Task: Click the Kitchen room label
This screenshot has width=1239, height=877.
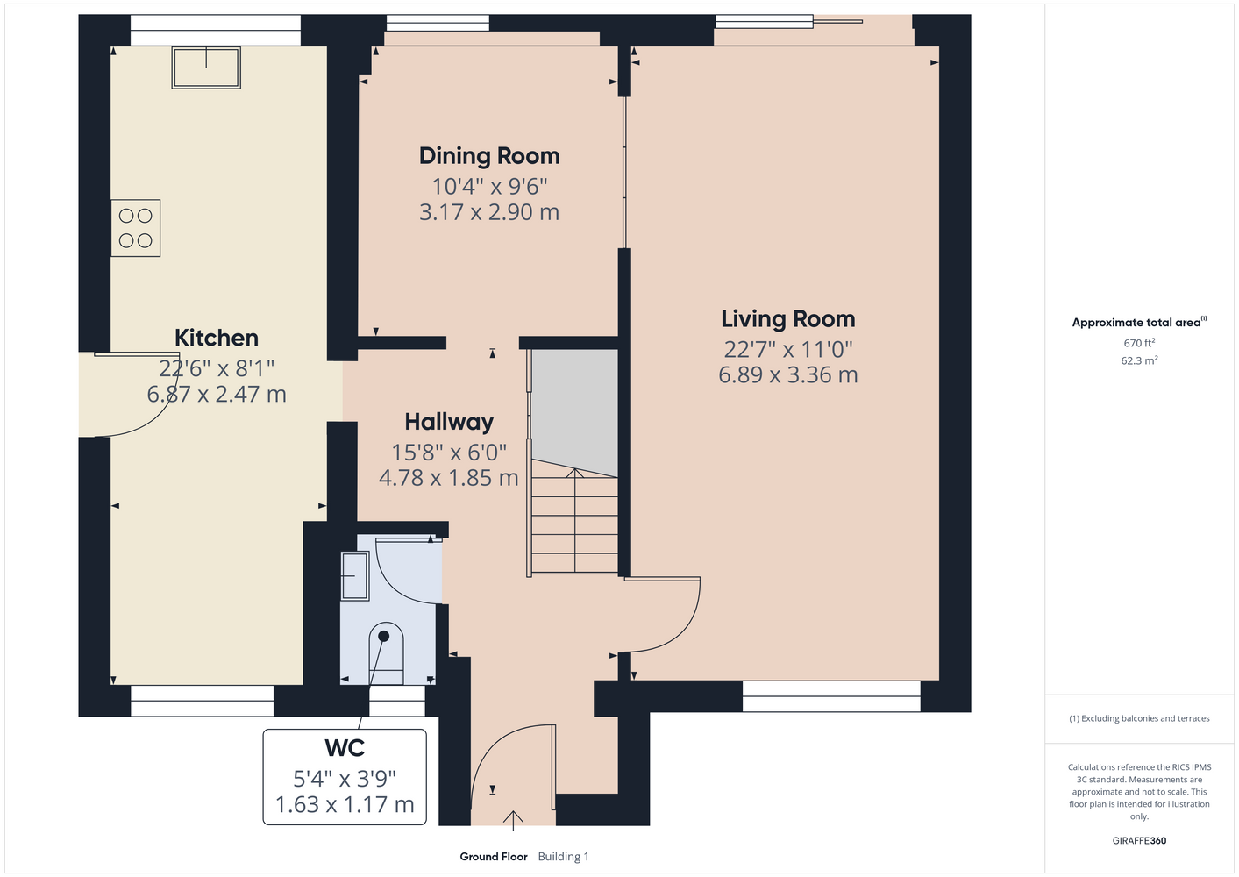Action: point(217,338)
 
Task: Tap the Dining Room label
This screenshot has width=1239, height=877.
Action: point(489,156)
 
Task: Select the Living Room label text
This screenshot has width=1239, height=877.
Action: point(788,319)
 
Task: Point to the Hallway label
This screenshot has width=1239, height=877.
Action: point(449,422)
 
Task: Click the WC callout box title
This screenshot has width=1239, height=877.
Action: point(345,748)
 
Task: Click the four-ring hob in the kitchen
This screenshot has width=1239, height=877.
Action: point(136,228)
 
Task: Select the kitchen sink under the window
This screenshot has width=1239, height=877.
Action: point(206,68)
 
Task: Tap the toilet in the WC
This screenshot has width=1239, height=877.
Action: point(386,653)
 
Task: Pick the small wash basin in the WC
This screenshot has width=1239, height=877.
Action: point(354,576)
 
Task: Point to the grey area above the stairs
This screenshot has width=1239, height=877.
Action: point(574,410)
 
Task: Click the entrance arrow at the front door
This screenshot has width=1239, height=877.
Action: point(513,821)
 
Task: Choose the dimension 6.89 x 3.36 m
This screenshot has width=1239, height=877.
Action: point(788,375)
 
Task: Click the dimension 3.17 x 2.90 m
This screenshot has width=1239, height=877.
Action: point(489,212)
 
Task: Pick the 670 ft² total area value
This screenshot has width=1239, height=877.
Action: point(1139,343)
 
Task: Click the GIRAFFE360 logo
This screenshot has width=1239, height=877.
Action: point(1139,840)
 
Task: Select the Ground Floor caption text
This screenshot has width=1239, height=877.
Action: point(494,857)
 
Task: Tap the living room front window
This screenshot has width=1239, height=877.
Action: point(831,696)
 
